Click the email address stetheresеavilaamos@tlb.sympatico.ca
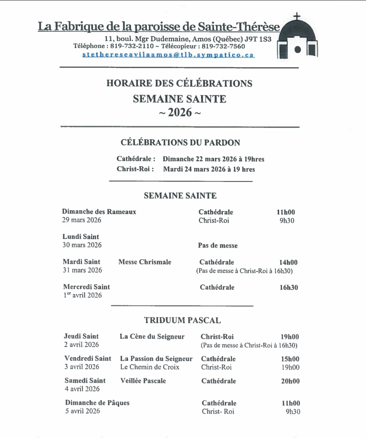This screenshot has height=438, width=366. tap(168, 55)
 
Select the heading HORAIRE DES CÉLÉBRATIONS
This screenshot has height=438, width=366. tap(179, 83)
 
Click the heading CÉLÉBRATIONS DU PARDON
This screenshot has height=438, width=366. tap(181, 142)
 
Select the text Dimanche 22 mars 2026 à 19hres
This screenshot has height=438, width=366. tap(213, 159)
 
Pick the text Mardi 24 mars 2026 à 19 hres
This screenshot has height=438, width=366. tap(209, 169)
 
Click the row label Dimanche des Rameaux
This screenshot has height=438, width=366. tap(99, 212)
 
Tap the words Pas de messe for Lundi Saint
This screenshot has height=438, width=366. tap(218, 245)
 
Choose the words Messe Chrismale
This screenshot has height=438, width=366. tap(145, 262)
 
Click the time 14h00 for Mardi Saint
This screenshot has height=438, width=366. tap(288, 262)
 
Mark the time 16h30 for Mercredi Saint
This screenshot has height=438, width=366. tap(289, 287)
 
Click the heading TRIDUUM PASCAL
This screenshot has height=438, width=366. tap(182, 320)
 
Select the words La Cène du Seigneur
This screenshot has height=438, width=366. tap(152, 337)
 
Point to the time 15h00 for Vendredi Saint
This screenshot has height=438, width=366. tap(290, 359)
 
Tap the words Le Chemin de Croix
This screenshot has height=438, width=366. tap(150, 367)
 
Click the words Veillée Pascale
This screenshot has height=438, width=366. tap(143, 381)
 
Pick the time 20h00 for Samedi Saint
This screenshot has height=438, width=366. tap(290, 381)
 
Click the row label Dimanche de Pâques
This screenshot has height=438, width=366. tap(97, 403)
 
